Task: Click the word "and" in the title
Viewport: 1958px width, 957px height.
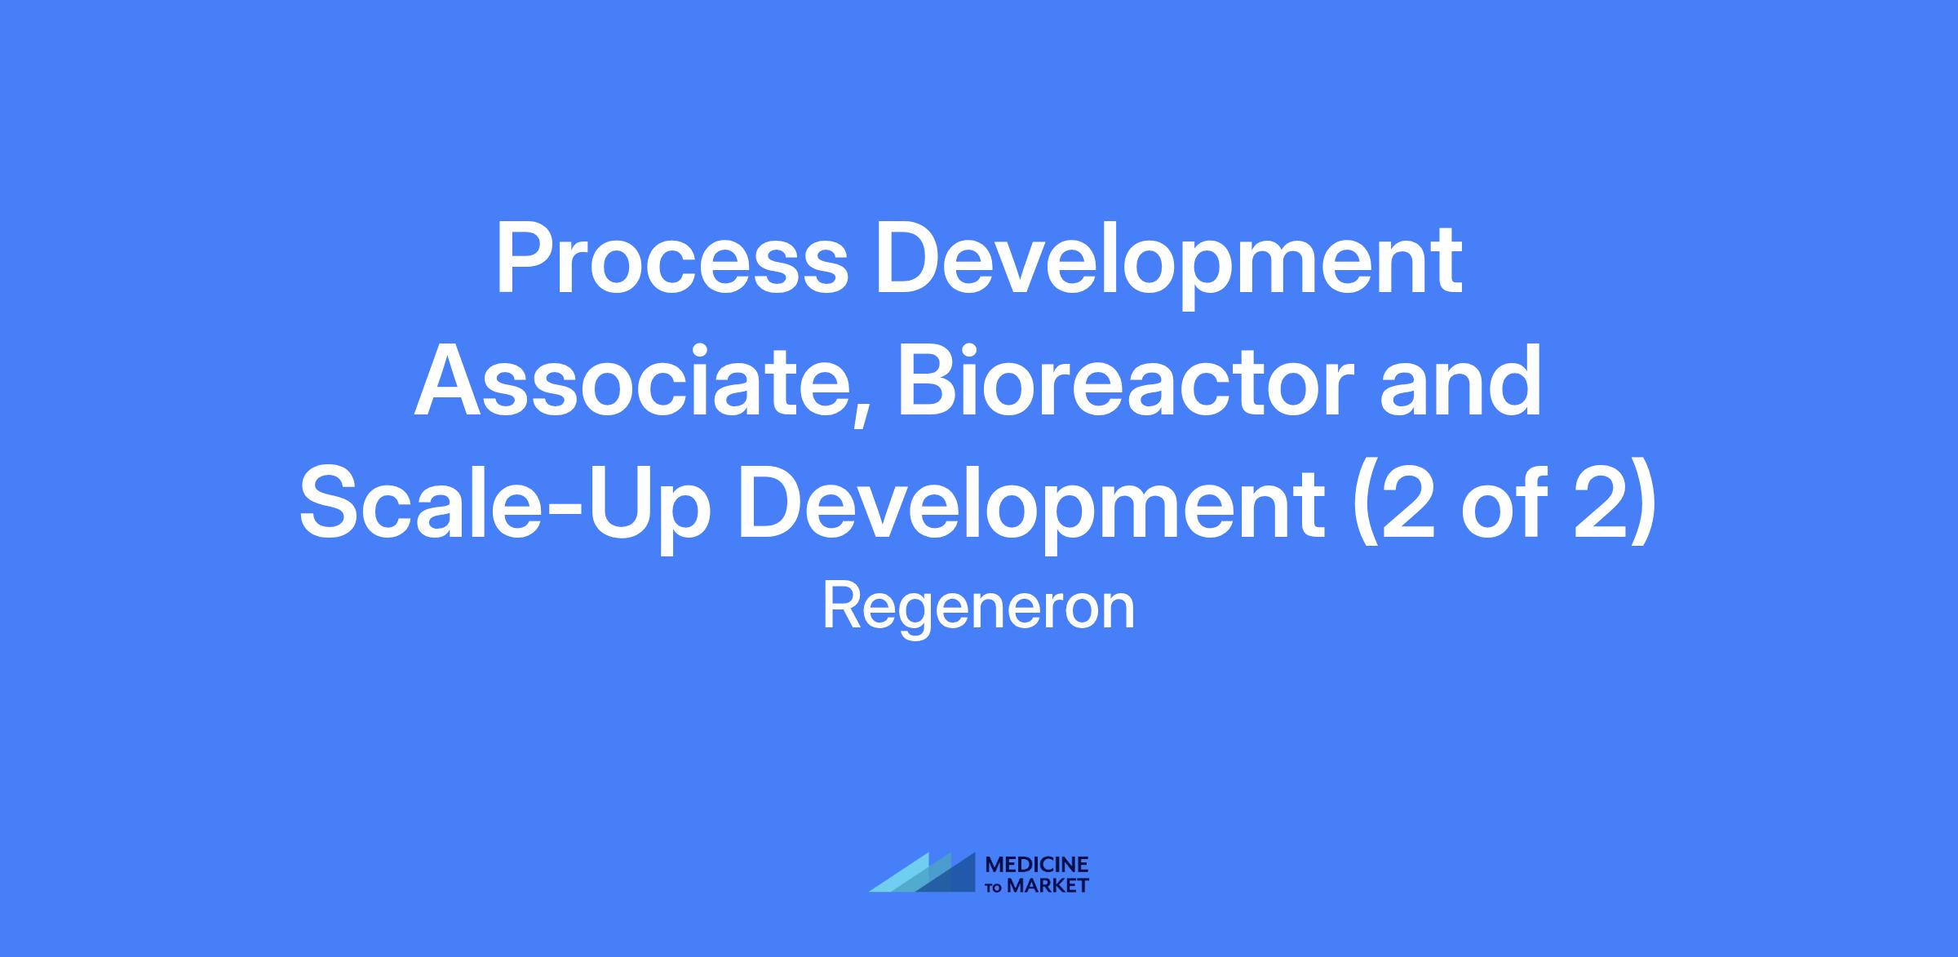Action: (1461, 380)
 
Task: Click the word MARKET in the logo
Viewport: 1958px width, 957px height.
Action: (1048, 886)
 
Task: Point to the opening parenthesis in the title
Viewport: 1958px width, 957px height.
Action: (1363, 511)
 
